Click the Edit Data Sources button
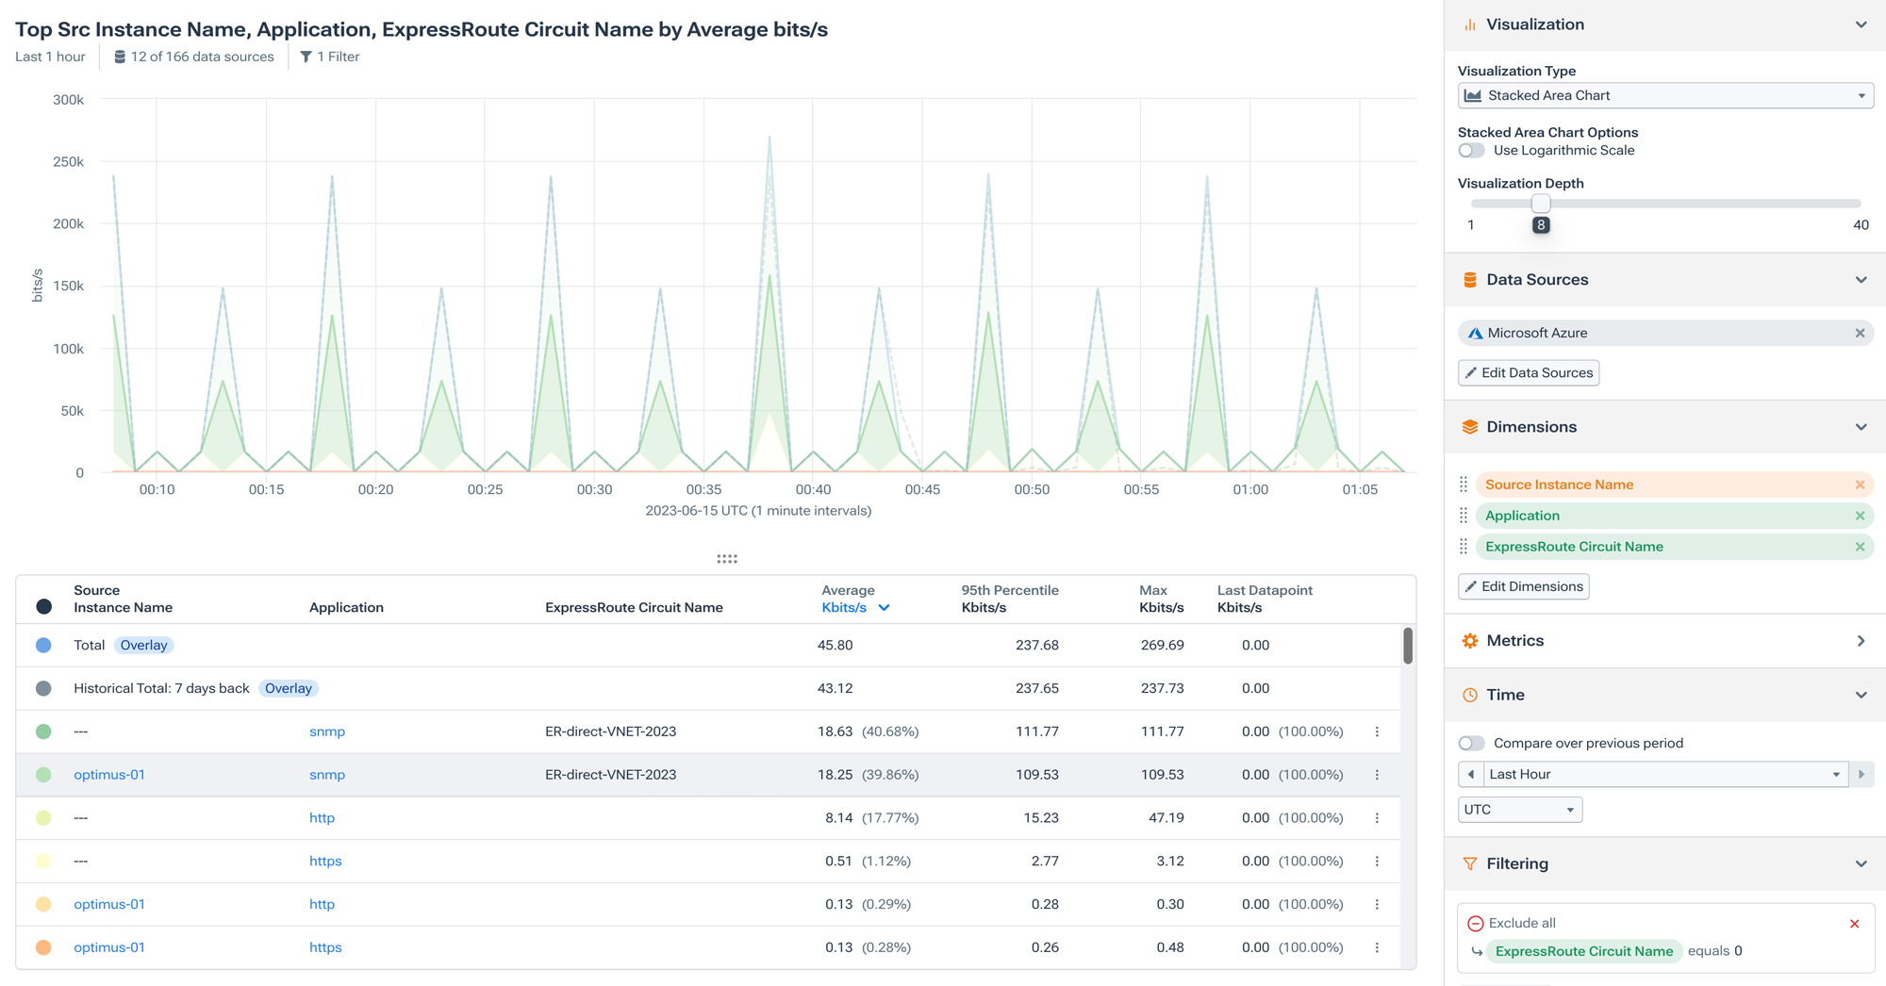point(1528,372)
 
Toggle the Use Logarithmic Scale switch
point(1471,151)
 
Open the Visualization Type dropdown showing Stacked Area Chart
point(1664,95)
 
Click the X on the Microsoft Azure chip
point(1860,333)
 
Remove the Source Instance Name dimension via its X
point(1860,485)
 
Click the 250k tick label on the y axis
point(68,162)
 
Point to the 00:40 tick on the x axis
point(813,489)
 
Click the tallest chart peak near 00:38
point(769,139)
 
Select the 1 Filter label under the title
point(330,57)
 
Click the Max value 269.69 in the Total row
point(1162,645)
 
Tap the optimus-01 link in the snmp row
point(109,775)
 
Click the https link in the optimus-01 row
point(325,947)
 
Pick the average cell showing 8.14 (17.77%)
point(870,818)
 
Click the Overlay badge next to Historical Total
point(288,688)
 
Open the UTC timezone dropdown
point(1519,810)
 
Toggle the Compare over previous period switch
point(1471,743)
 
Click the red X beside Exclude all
point(1854,924)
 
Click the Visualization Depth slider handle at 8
point(1540,204)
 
